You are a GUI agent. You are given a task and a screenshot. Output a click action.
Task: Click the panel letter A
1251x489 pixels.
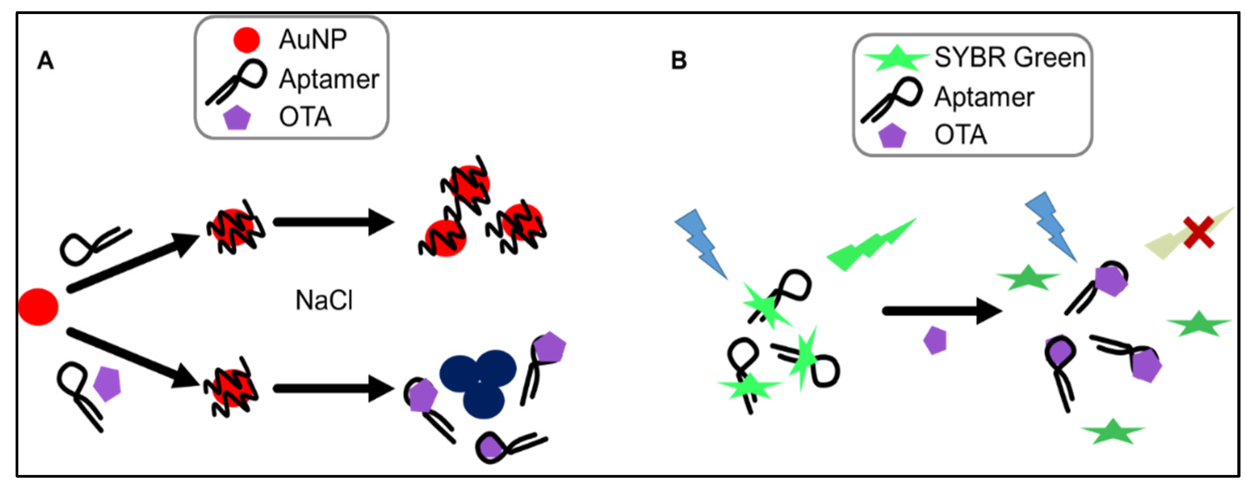(x=45, y=61)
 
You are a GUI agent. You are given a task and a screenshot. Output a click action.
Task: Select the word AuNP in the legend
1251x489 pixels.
(x=312, y=39)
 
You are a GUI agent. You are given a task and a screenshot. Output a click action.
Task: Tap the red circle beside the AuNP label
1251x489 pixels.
(x=246, y=40)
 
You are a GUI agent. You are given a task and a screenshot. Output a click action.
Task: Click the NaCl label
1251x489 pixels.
(x=324, y=300)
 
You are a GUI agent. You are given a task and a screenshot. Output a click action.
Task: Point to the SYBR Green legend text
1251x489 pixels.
(x=1009, y=58)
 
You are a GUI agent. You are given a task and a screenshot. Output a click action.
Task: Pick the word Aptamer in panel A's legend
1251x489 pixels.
(x=329, y=79)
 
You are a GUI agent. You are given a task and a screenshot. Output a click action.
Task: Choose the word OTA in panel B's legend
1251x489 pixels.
(x=961, y=135)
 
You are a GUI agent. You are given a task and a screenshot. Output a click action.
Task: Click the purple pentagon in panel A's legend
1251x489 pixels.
(x=237, y=118)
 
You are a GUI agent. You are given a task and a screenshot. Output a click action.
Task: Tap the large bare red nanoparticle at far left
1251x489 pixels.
(x=38, y=307)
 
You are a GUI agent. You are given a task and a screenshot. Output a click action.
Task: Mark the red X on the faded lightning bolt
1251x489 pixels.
(x=1198, y=232)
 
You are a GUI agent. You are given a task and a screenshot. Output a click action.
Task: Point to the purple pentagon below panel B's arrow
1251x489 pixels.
(x=935, y=340)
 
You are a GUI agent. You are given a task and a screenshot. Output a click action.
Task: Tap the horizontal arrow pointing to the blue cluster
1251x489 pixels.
(x=333, y=388)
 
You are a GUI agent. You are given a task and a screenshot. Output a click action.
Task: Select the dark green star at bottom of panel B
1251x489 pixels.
(x=1113, y=431)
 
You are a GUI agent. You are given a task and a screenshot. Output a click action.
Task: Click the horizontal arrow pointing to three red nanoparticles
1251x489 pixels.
(x=333, y=222)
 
